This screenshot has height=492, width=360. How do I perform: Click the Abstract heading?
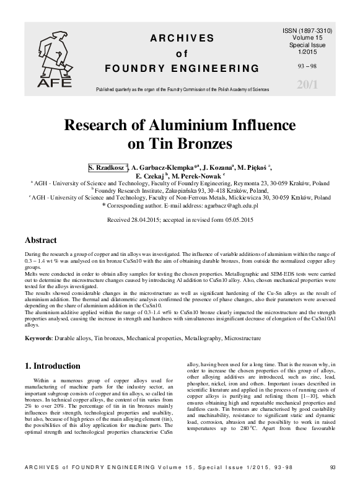point(40,240)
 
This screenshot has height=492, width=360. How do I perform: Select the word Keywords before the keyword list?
point(38,339)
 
